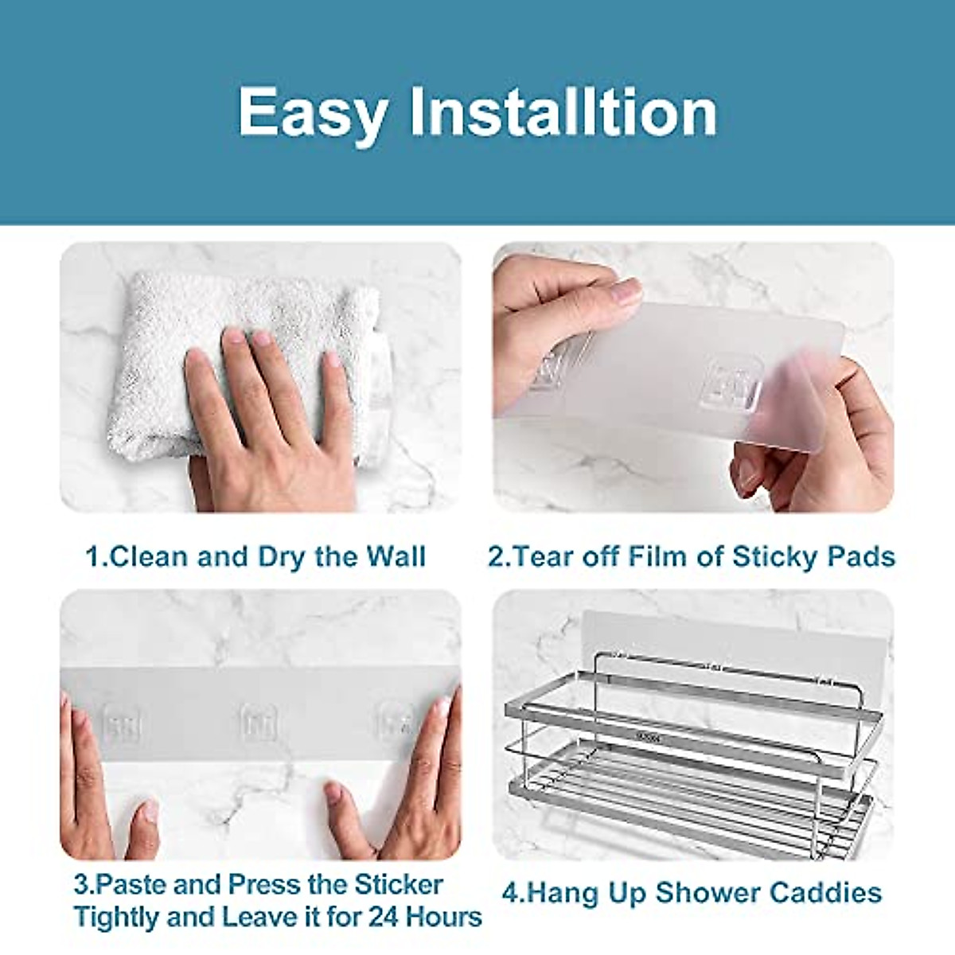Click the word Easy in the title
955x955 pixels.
(x=313, y=114)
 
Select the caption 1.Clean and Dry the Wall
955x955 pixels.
(x=255, y=556)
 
